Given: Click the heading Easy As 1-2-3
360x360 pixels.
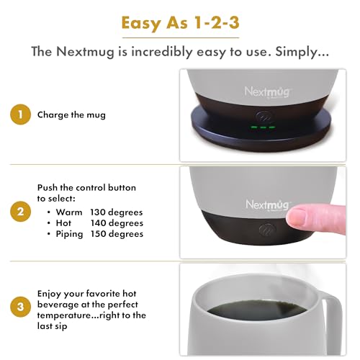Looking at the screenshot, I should (x=180, y=22).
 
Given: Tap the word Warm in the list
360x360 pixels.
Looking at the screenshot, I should (x=69, y=212).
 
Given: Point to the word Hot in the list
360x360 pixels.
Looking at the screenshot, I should (x=65, y=222).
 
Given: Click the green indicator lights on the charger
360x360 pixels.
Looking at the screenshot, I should (x=264, y=127).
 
